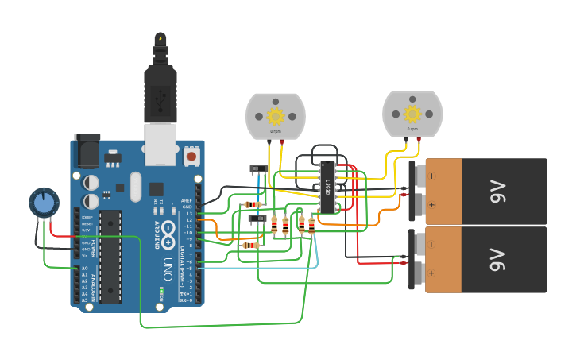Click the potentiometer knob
point(43,203)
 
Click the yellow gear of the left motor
point(276,116)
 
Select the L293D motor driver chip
point(327,188)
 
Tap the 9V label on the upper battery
point(497,191)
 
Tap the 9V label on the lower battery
point(497,259)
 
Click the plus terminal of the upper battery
point(431,205)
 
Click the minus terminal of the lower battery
point(431,244)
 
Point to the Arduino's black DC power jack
point(87,150)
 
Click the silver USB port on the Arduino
point(162,147)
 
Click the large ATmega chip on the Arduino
point(110,257)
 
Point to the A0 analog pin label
point(84,269)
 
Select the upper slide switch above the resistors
point(258,168)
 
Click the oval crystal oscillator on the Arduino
point(135,185)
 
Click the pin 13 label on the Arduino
point(188,214)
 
